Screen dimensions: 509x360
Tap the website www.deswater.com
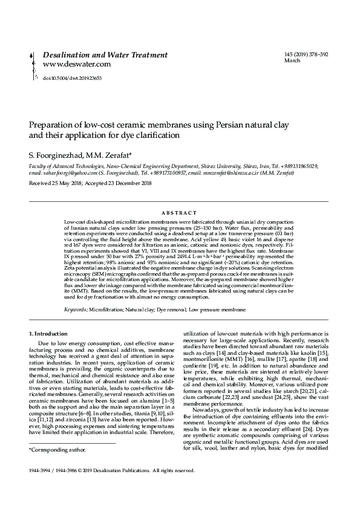[x=77, y=64]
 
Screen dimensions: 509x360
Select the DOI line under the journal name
[x=71, y=78]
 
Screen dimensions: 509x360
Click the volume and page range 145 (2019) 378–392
[x=306, y=55]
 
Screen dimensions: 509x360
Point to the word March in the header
[x=292, y=62]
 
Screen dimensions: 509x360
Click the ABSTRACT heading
[x=180, y=213]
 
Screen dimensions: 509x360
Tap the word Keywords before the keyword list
[x=75, y=310]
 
